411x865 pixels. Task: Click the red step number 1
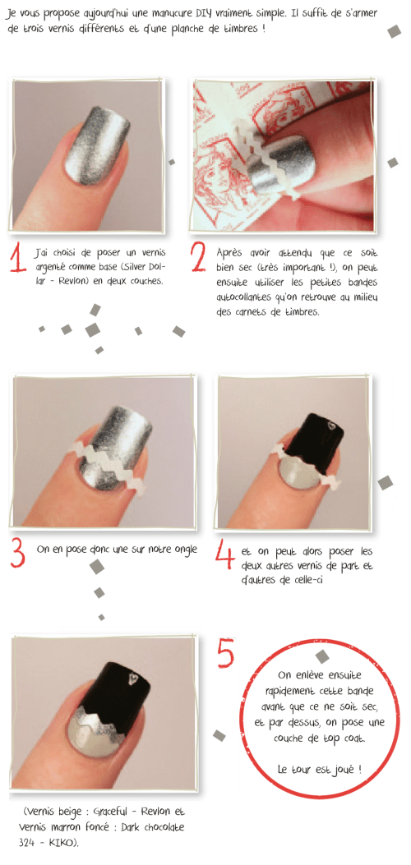(18, 256)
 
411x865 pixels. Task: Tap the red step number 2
(198, 256)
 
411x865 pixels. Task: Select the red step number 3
(18, 552)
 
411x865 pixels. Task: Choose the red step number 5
(226, 655)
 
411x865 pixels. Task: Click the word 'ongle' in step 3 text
(181, 549)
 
